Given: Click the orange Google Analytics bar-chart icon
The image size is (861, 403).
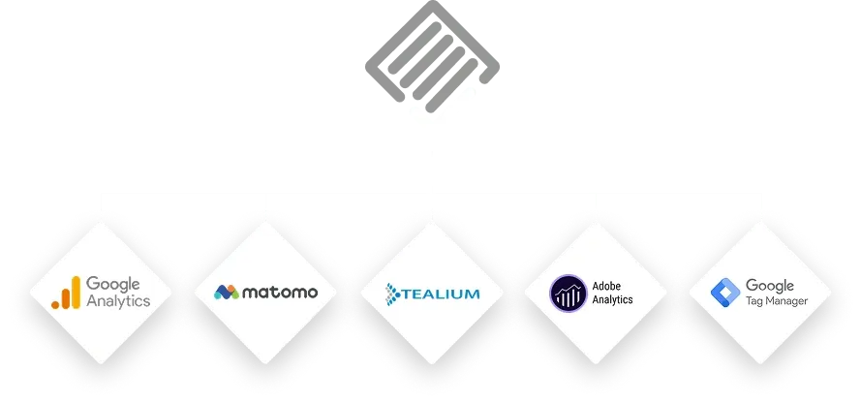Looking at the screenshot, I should (67, 292).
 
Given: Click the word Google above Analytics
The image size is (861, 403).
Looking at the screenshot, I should (113, 284).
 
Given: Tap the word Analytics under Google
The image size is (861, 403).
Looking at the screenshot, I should (118, 300).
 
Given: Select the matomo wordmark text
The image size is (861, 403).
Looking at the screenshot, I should (280, 292).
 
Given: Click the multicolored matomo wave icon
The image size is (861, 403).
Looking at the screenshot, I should (227, 292).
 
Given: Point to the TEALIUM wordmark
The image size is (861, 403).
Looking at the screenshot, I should (440, 292).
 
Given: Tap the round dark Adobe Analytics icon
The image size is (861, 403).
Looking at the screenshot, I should (567, 292).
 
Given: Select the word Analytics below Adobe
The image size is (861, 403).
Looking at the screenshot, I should (613, 299).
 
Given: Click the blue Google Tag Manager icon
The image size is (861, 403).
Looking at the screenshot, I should (725, 292).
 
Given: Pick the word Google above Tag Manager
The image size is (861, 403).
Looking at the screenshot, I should (770, 285).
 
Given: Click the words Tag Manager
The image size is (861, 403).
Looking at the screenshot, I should (777, 301).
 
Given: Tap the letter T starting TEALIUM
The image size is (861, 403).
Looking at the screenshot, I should (405, 292).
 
